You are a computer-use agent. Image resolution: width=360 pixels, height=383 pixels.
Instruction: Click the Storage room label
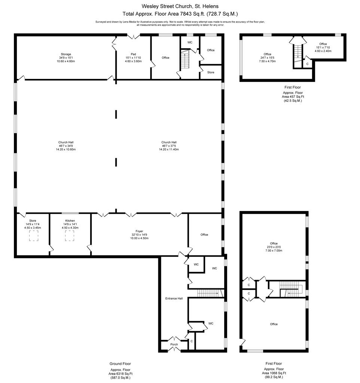coord(66,54)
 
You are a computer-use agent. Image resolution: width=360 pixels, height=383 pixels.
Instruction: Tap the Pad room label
coord(133,54)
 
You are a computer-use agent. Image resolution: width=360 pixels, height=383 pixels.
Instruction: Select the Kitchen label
coord(70,221)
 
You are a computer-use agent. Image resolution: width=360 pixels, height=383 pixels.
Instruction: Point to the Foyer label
coord(139,231)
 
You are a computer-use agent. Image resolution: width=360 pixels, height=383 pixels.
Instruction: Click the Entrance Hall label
coord(174,298)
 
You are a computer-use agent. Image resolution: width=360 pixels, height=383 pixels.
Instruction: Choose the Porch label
coord(174,344)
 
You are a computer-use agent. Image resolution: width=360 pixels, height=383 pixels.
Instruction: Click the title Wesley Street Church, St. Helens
coord(180,6)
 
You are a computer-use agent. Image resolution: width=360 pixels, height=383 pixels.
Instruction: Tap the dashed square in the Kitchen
coord(69,236)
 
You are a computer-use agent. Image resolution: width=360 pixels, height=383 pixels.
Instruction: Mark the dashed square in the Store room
coord(34,236)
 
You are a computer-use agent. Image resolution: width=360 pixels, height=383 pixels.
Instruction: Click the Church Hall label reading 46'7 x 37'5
coord(169,146)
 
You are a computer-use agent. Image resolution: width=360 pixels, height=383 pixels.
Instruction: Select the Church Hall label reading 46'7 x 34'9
coord(66,146)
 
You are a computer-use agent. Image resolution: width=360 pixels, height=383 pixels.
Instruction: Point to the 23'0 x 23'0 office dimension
coord(274,247)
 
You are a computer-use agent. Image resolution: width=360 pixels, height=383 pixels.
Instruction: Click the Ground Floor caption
coord(120,364)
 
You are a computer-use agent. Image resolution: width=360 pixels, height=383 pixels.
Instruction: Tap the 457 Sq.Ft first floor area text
coord(293,96)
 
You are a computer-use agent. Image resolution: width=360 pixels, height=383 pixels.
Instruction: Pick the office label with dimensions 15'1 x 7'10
coord(323,48)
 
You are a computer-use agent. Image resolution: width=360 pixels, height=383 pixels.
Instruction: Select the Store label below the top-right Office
coord(211,72)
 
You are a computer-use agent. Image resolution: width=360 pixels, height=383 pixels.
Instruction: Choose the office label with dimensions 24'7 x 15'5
coord(267,58)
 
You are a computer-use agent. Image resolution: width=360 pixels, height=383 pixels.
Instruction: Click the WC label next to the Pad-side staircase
coord(190,42)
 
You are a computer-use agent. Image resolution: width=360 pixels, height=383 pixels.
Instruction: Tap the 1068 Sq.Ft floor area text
coord(274,373)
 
